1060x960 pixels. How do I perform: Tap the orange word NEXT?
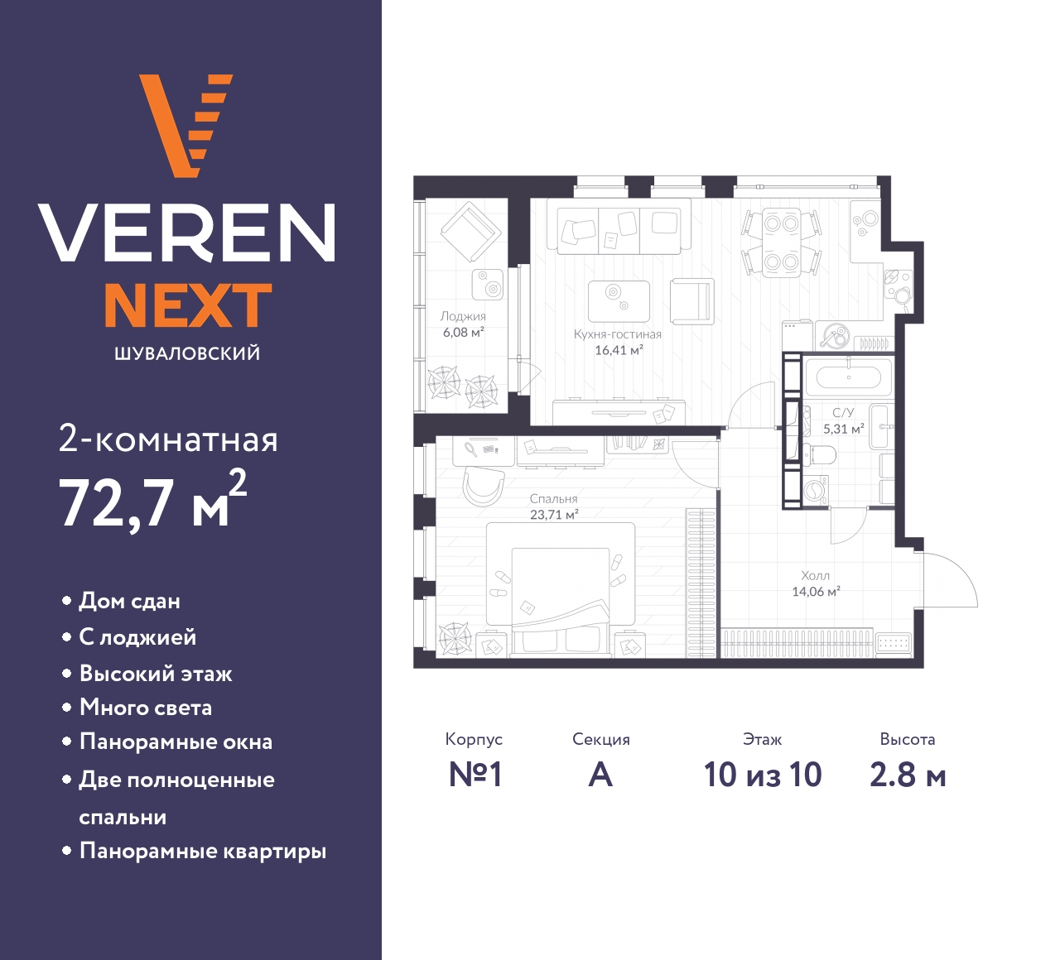189,305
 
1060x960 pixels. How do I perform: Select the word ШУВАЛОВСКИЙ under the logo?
187,353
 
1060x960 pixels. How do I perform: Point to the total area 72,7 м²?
153,500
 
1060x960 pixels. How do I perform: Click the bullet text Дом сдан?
129,602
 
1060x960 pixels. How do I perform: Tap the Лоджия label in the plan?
463,316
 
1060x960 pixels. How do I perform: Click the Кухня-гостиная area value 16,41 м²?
619,350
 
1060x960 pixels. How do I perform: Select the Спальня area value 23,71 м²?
554,514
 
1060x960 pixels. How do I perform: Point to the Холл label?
816,575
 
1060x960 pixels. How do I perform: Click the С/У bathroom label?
843,412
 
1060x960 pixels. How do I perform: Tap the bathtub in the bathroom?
849,377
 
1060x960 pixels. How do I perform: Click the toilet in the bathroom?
821,454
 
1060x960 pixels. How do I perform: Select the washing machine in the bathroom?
816,489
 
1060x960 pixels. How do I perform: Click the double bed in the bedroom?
560,590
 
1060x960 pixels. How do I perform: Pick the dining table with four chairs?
781,242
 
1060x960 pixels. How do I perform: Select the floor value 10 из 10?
763,775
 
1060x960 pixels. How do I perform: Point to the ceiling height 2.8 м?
908,775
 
